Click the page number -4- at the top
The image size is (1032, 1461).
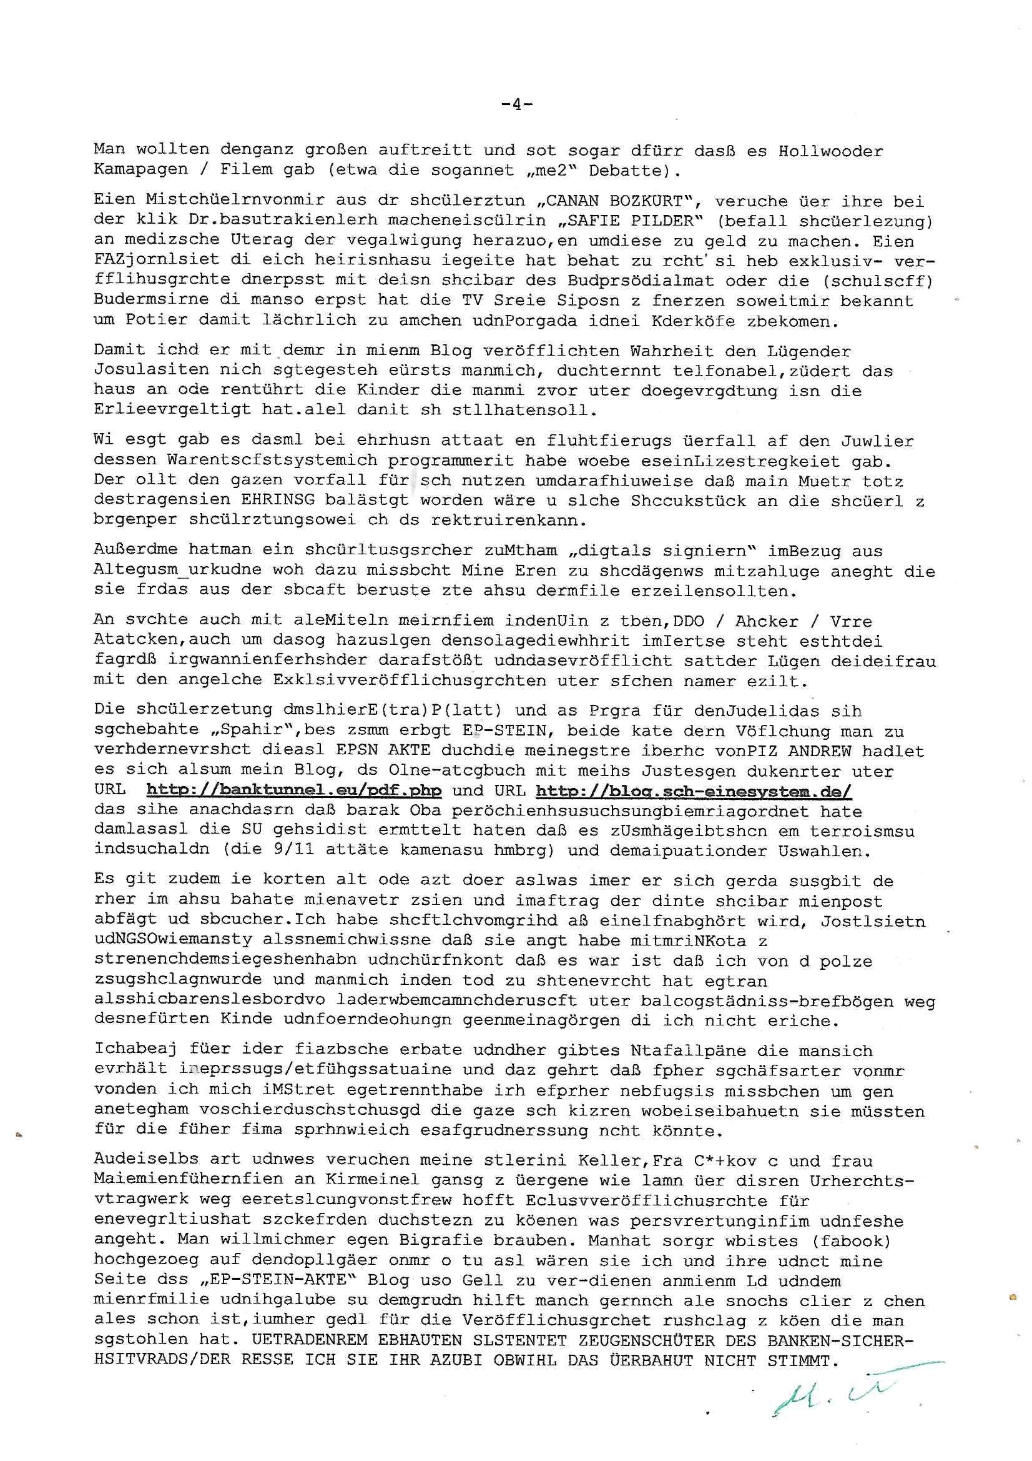click(x=516, y=104)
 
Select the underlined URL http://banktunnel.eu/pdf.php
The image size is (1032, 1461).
click(x=293, y=791)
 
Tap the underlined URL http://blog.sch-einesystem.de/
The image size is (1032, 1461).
click(x=693, y=791)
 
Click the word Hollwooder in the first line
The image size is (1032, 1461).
click(x=830, y=151)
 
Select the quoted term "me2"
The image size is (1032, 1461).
click(x=543, y=171)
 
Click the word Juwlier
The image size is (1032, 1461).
click(x=878, y=441)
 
